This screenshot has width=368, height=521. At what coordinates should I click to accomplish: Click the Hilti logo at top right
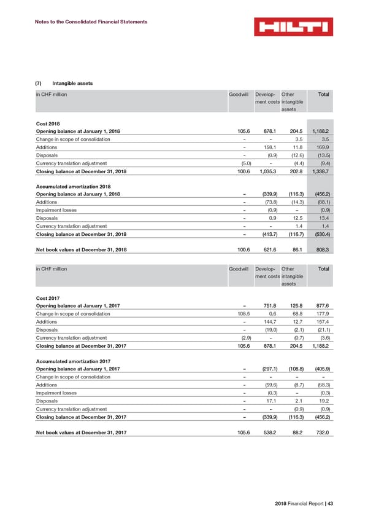[x=294, y=27]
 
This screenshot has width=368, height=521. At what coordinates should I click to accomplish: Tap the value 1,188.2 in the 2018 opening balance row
[x=319, y=131]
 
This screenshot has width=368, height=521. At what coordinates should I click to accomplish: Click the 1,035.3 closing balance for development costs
[x=264, y=171]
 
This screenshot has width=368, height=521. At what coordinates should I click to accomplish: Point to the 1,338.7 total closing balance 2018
[x=319, y=171]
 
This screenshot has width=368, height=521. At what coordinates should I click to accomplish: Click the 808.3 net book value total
[x=321, y=250]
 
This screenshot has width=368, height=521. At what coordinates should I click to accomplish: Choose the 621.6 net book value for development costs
[x=266, y=250]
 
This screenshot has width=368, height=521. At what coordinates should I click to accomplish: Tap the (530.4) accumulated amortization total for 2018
[x=320, y=234]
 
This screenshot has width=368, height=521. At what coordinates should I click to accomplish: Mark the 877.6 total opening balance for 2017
[x=321, y=306]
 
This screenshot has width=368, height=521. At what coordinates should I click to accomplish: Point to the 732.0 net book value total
[x=321, y=433]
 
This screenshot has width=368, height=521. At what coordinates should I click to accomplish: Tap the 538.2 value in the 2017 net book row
[x=266, y=433]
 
